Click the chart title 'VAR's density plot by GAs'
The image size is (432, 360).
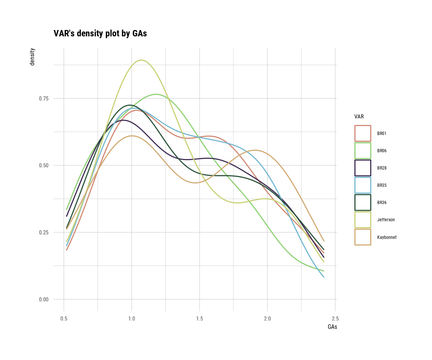(100, 33)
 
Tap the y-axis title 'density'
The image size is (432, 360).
(32, 57)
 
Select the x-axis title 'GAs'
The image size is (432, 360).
(332, 327)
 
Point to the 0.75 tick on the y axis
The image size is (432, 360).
(43, 98)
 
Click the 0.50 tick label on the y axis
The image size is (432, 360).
(43, 165)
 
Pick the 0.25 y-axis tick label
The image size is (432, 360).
(43, 232)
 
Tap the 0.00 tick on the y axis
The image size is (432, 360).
(43, 299)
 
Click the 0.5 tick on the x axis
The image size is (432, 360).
(64, 319)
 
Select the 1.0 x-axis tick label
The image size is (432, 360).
(132, 319)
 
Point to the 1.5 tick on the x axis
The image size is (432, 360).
(199, 319)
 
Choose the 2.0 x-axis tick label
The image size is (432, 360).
(267, 319)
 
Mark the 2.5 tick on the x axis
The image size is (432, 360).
(335, 319)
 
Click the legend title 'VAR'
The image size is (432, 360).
(359, 117)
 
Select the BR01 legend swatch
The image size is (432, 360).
(363, 133)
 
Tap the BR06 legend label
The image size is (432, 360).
(382, 151)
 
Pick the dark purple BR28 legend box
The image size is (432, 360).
(363, 168)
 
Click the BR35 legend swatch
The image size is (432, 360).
(363, 185)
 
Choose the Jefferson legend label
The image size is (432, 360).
(386, 220)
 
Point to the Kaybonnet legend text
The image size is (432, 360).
(387, 237)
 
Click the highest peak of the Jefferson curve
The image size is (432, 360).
(141, 60)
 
